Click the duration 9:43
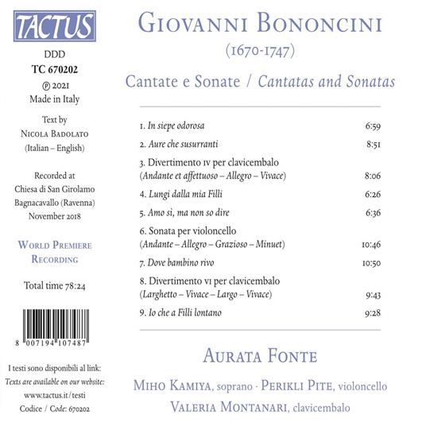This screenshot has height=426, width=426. [372, 295]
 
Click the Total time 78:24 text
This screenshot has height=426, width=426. [55, 285]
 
